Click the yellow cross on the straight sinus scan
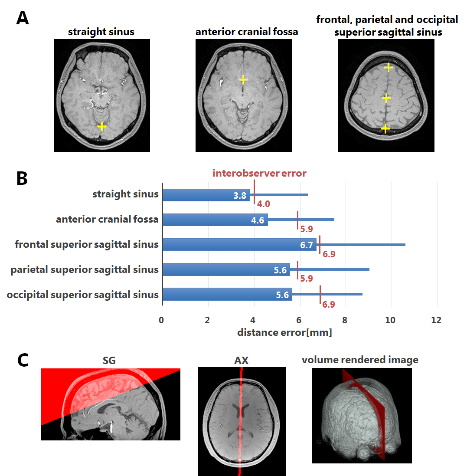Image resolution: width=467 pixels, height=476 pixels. click(x=101, y=126)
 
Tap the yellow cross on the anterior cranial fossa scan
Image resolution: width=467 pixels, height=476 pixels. click(x=243, y=79)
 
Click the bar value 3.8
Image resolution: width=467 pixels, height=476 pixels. click(x=240, y=195)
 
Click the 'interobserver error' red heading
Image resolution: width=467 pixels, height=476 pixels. click(x=259, y=173)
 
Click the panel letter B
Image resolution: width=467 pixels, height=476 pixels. click(x=23, y=178)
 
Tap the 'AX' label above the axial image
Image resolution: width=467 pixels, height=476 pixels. click(x=242, y=361)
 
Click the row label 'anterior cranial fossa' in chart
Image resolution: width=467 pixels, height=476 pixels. click(x=107, y=220)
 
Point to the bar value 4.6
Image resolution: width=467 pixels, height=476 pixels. click(x=258, y=220)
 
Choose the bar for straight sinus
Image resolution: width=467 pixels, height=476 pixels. click(x=206, y=195)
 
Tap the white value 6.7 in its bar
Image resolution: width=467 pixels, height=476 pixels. click(x=306, y=245)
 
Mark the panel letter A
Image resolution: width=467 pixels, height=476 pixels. click(x=23, y=19)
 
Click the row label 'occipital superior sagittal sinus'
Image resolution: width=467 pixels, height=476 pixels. click(x=83, y=295)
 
